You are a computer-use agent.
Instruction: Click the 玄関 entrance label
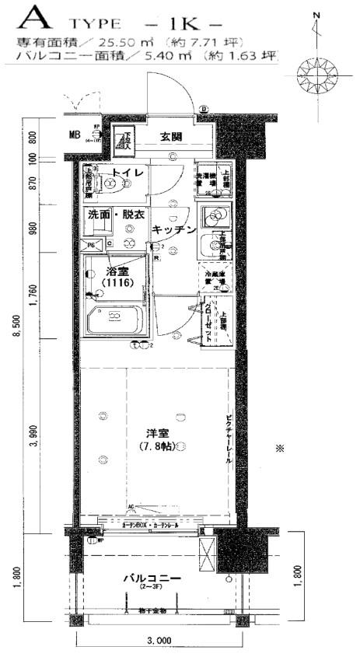click(x=171, y=137)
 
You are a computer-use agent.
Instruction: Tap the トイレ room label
click(x=125, y=173)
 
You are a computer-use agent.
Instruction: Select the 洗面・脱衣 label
click(x=115, y=214)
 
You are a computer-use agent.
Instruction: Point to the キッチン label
click(x=172, y=230)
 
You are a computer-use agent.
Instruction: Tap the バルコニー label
click(x=152, y=580)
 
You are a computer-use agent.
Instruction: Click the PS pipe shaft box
click(x=90, y=244)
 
